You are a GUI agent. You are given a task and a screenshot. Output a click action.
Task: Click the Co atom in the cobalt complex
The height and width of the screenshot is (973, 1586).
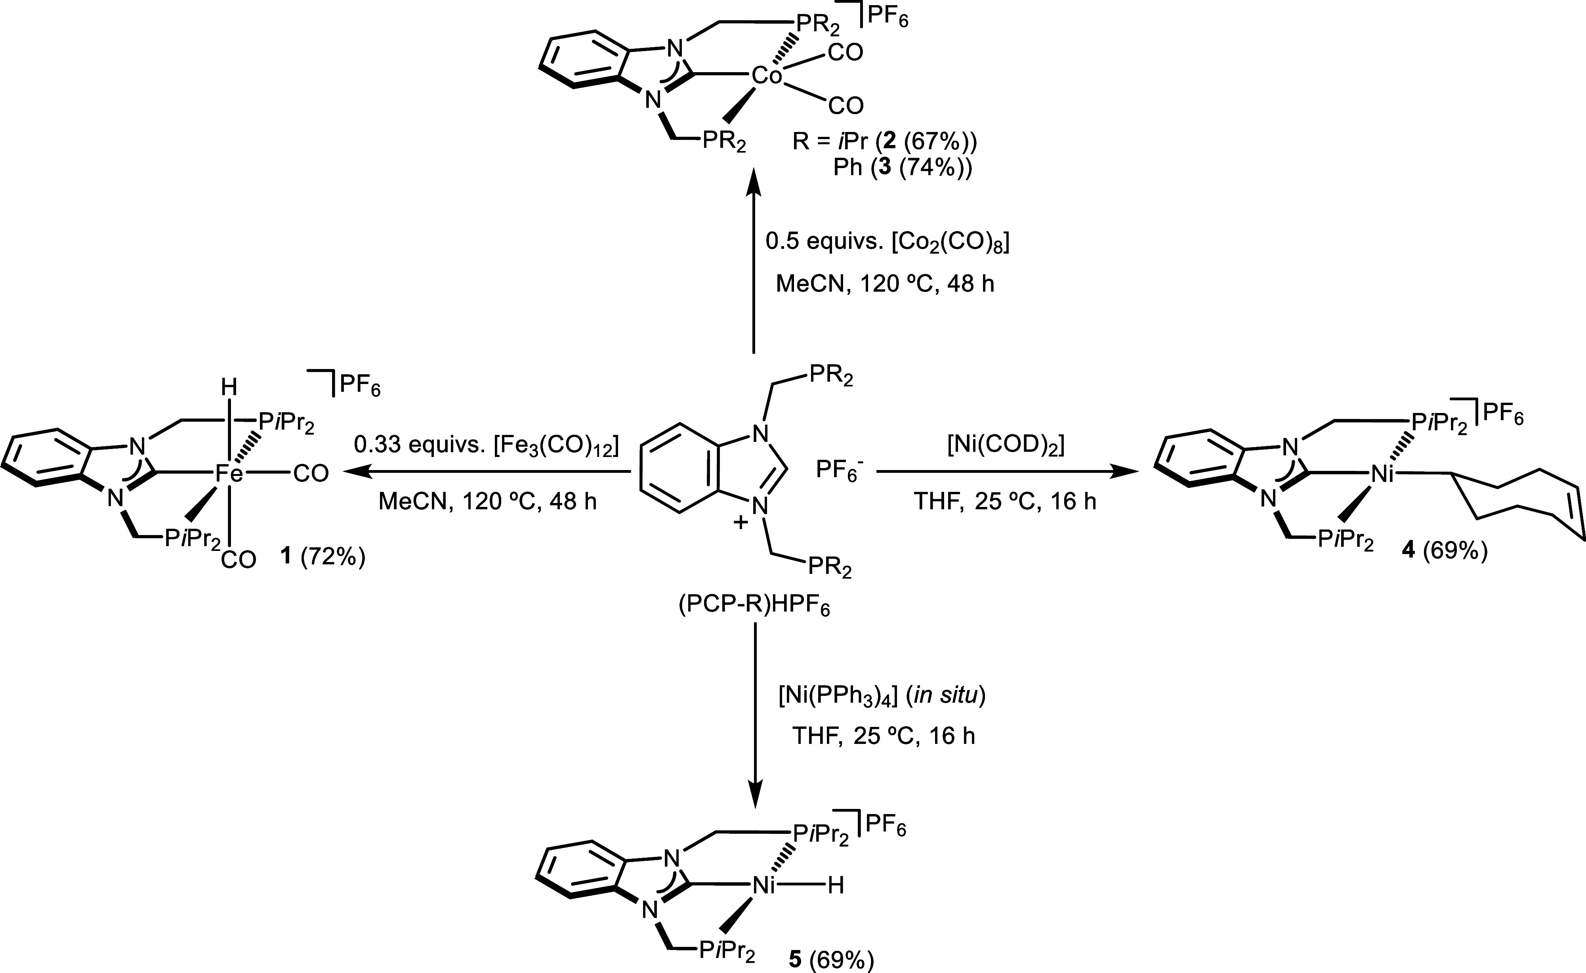(767, 76)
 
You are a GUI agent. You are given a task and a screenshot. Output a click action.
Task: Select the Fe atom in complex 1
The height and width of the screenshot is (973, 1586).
(229, 474)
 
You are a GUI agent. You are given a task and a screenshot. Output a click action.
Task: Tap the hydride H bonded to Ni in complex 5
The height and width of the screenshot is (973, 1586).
(836, 887)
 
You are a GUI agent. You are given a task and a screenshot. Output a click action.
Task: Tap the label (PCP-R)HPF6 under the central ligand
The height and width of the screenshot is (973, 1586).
(754, 607)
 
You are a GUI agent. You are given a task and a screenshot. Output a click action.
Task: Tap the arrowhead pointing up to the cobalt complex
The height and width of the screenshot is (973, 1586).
(753, 184)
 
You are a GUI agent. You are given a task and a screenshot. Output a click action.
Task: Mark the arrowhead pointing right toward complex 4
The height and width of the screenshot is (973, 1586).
(1123, 473)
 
